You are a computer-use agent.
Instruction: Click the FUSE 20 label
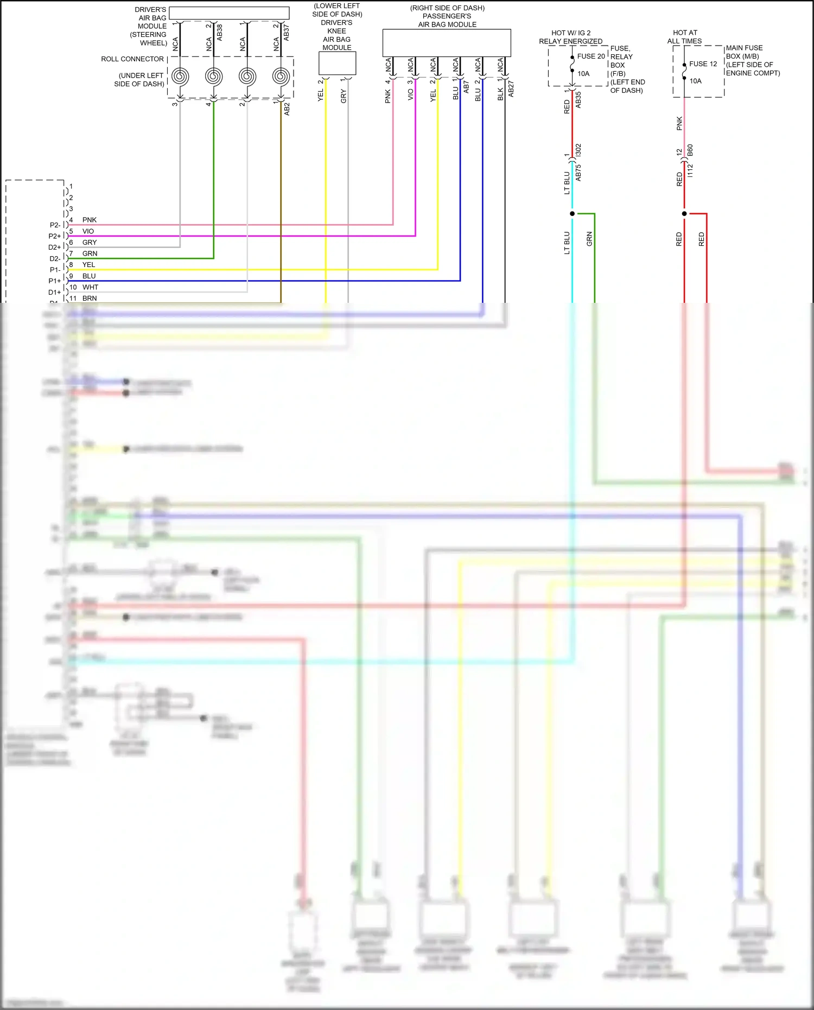point(590,56)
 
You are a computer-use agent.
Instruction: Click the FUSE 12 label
point(703,64)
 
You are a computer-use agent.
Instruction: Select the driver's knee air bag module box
point(337,63)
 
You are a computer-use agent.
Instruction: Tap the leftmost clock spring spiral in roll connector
point(180,77)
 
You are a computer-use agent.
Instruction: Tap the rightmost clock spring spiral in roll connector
point(281,77)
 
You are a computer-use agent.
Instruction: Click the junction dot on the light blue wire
point(572,214)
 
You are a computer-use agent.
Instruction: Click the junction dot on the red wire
point(684,214)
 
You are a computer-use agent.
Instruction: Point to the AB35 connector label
point(578,100)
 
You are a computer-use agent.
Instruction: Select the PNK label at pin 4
point(90,220)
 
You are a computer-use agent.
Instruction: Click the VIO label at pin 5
point(88,231)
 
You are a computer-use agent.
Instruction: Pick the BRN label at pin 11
point(90,298)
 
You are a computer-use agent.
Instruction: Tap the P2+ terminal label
point(55,236)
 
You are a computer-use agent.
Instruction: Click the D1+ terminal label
point(55,293)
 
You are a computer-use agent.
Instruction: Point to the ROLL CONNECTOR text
point(132,59)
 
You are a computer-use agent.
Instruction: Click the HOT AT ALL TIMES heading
point(684,37)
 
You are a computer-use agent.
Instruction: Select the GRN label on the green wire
point(589,239)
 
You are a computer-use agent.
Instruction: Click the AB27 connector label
point(511,90)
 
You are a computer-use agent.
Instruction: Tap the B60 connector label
point(690,150)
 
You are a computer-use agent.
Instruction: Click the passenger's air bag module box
point(447,42)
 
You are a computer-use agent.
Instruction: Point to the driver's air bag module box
point(229,13)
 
